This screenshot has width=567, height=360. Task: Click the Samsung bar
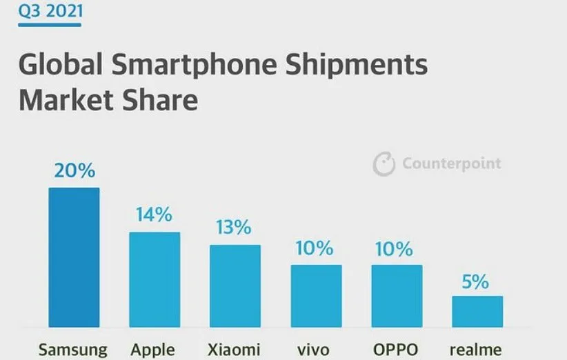pyautogui.click(x=74, y=257)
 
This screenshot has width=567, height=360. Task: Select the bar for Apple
pyautogui.click(x=155, y=279)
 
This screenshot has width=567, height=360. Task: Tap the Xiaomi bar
pyautogui.click(x=235, y=286)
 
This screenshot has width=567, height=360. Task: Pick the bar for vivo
pyautogui.click(x=316, y=296)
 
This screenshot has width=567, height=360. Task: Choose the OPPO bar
pyautogui.click(x=397, y=296)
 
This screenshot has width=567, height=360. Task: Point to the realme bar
pyautogui.click(x=477, y=311)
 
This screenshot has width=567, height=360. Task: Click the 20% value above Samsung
pyautogui.click(x=74, y=171)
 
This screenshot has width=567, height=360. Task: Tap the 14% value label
pyautogui.click(x=155, y=215)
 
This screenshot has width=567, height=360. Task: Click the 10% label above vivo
pyautogui.click(x=316, y=248)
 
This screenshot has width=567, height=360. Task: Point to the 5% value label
pyautogui.click(x=477, y=281)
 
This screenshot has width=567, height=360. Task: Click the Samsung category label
pyautogui.click(x=73, y=350)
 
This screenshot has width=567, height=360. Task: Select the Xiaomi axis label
pyautogui.click(x=235, y=350)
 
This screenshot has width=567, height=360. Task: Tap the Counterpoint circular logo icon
pyautogui.click(x=384, y=164)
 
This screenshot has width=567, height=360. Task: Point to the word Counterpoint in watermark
pyautogui.click(x=451, y=164)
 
